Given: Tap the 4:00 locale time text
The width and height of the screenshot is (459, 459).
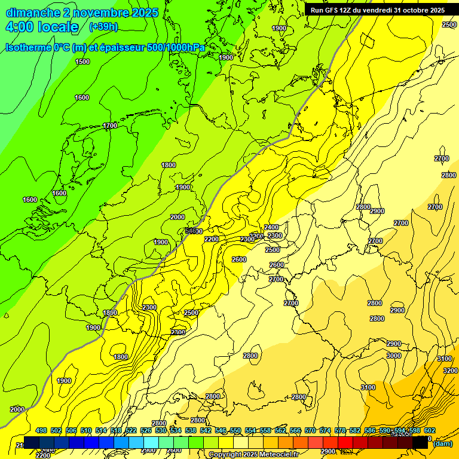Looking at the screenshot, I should coord(42,27).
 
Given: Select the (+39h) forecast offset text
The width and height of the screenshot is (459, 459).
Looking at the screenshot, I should coord(103,27).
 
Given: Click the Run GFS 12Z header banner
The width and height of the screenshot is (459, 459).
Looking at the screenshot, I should coord(377,10).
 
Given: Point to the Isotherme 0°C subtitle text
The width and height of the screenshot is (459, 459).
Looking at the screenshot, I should coord(41,47).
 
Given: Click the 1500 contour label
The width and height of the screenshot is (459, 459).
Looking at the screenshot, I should coord(82,62).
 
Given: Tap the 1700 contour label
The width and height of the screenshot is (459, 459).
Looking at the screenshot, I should coord(109,126).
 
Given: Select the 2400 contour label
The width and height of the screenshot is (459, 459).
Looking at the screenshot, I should coord(271,227).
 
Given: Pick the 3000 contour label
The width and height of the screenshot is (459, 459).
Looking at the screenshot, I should coord(393,356).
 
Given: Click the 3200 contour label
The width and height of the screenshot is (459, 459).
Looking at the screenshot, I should coord(450,371).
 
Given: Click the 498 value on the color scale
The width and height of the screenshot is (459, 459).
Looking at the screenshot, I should coord(41,430).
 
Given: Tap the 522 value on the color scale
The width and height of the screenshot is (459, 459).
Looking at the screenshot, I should coord(131,430).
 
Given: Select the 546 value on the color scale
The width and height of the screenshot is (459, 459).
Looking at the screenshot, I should coord(221,430).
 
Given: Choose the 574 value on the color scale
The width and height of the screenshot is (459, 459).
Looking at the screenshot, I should coord(325,430).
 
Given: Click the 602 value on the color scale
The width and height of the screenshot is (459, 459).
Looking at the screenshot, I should coord(430,430).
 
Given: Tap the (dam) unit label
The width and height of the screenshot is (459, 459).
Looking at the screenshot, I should coord(443,443).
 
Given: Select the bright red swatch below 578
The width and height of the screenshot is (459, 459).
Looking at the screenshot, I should coord(345,442).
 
